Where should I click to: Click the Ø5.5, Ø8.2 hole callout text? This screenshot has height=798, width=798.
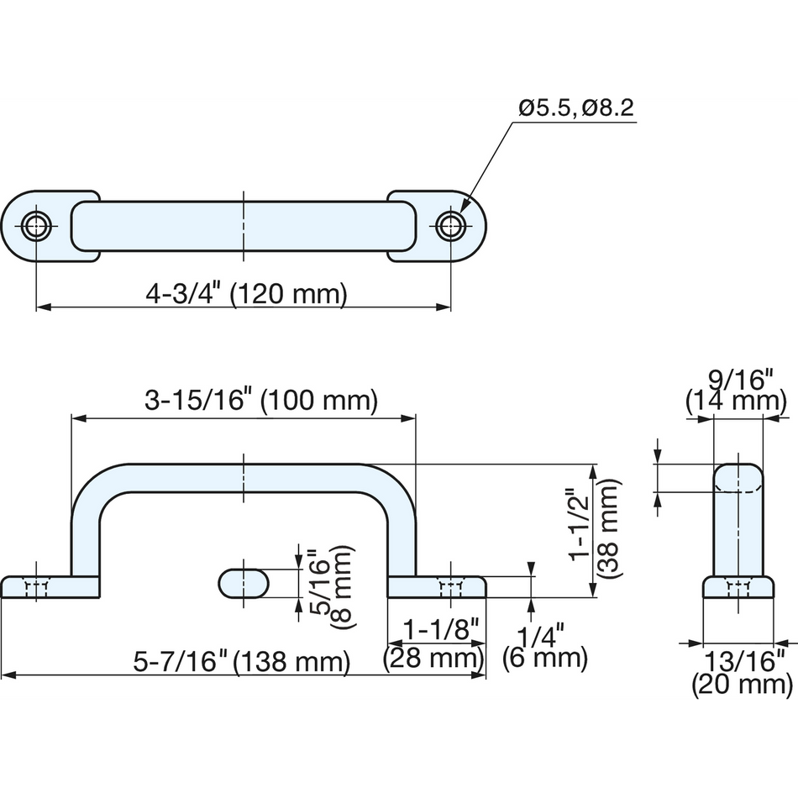[576, 108]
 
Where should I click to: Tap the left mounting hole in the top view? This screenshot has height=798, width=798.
[36, 225]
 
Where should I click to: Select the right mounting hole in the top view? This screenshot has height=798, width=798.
[450, 225]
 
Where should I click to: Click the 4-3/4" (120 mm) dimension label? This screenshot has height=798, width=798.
[246, 294]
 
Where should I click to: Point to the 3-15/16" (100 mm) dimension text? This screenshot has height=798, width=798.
[261, 400]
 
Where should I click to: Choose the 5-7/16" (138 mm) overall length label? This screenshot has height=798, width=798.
[242, 662]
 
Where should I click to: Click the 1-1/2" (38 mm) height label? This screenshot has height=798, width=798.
[594, 528]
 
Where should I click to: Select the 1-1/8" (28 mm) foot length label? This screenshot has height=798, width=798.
[433, 644]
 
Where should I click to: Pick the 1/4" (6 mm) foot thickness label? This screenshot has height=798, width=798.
[545, 646]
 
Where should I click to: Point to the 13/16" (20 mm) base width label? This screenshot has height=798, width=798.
[743, 673]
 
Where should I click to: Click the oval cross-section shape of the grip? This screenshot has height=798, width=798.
[244, 584]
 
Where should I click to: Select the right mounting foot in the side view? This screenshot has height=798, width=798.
[437, 587]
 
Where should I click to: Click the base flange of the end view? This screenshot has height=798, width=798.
[738, 587]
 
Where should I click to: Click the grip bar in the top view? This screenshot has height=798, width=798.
[244, 226]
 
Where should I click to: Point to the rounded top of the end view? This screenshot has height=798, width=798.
[738, 477]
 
